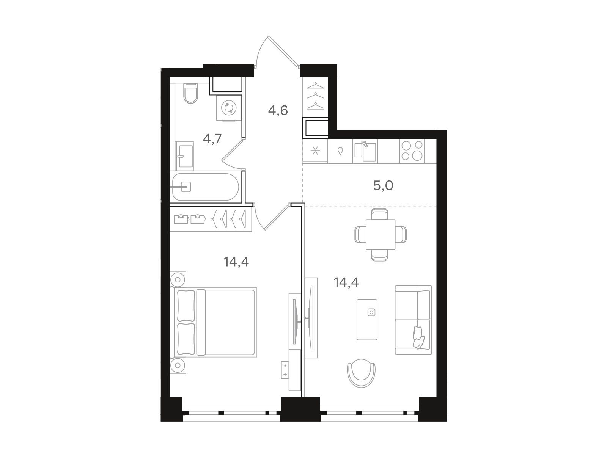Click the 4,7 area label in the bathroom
click(x=212, y=138)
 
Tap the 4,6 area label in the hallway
click(x=278, y=110)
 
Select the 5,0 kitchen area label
click(x=383, y=186)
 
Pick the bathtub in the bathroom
click(x=205, y=187)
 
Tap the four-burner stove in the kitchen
click(x=412, y=151)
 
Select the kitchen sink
click(x=365, y=151)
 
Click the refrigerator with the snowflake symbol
click(x=315, y=151)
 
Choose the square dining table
click(x=380, y=234)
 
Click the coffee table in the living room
click(x=367, y=319)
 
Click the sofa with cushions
click(x=413, y=320)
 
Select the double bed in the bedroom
click(x=214, y=322)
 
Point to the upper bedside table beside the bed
click(x=178, y=279)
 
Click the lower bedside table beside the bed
click(x=178, y=365)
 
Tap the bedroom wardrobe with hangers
click(x=211, y=219)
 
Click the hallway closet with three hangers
click(x=316, y=97)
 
